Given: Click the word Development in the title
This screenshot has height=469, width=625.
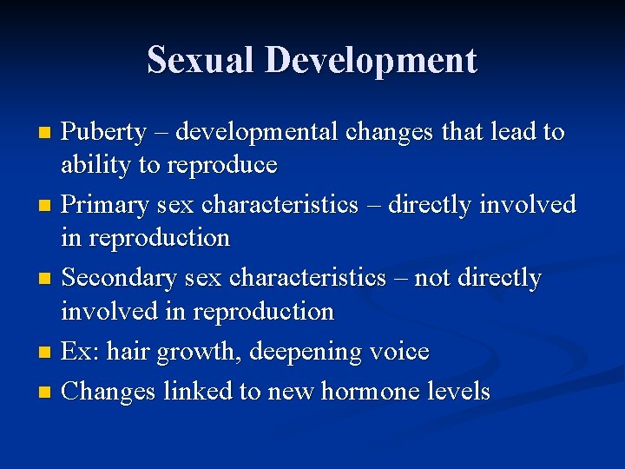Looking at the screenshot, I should pos(371,60).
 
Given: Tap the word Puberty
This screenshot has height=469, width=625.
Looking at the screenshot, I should pos(105,133).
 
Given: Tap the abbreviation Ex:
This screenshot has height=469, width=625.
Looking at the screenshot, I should pos(82,352).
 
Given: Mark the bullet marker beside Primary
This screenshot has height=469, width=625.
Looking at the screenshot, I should pos(47,207).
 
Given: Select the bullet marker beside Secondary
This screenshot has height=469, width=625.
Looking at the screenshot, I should pos(47,280).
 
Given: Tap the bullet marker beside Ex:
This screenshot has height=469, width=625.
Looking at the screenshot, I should pos(47,353).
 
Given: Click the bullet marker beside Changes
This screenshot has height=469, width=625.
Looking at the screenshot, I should pos(47,393).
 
